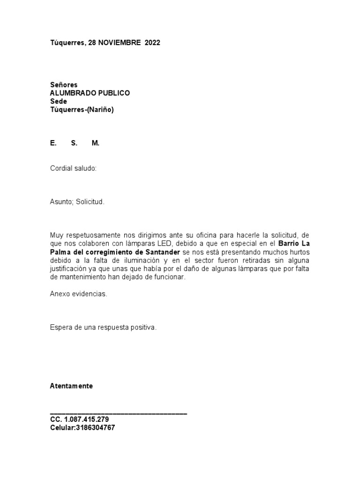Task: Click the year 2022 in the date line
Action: coord(152,43)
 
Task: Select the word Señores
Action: coord(64,85)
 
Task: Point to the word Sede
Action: coord(59,102)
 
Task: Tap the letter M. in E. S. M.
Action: coord(96,143)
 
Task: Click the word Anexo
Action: coord(60,294)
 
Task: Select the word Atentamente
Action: coord(71,386)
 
